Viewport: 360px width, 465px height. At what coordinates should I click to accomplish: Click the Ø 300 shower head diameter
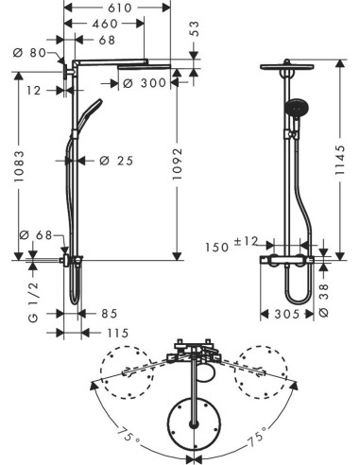click(x=145, y=83)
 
